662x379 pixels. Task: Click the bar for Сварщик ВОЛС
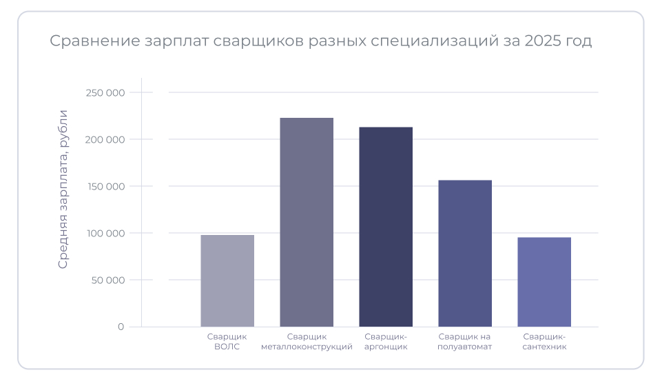click(227, 280)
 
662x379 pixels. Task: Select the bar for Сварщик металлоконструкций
click(307, 222)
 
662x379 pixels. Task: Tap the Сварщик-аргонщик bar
click(386, 227)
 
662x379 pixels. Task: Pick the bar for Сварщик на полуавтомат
click(465, 253)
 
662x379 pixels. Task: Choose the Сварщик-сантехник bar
click(544, 282)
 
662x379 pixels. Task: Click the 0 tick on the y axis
click(121, 327)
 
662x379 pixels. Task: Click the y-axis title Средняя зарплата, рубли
click(63, 189)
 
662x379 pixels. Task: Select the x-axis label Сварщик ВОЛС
click(227, 342)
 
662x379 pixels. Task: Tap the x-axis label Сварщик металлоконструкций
click(307, 342)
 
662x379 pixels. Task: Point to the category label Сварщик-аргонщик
click(386, 342)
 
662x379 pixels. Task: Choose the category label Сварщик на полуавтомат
click(465, 342)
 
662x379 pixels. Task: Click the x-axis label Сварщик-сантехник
click(544, 342)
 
